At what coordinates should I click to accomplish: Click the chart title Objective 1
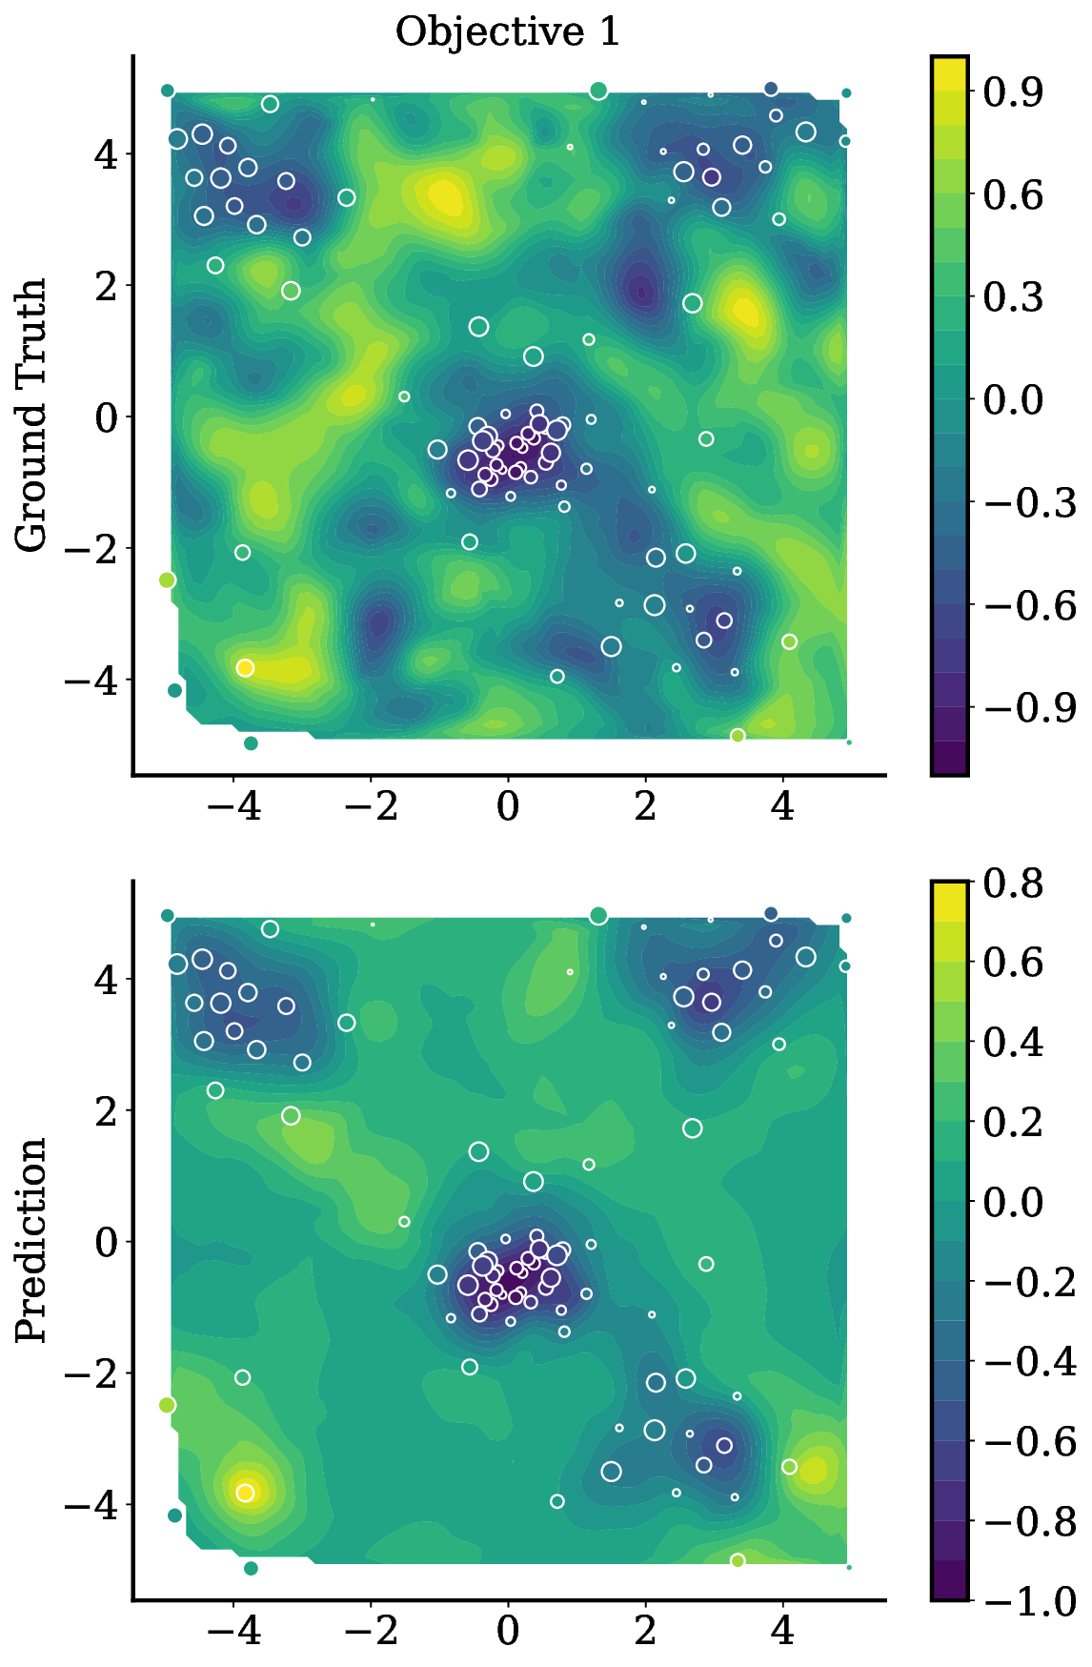tap(508, 32)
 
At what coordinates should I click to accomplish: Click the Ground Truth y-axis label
tap(30, 416)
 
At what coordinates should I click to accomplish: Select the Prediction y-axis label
tap(30, 1240)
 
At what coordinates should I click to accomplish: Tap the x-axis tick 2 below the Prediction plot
tap(645, 1632)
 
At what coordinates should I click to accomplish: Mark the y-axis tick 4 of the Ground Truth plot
tap(105, 153)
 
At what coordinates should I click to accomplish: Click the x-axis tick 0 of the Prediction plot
tap(508, 1632)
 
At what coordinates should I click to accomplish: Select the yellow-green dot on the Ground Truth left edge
tap(167, 579)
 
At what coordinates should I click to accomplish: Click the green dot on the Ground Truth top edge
tap(598, 91)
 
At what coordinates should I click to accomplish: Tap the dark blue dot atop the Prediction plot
tap(771, 914)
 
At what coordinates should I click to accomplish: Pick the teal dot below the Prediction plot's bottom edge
tap(251, 1568)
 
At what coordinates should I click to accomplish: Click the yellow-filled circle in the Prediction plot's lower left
tap(245, 1493)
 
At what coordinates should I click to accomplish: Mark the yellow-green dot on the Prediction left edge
tap(167, 1405)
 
